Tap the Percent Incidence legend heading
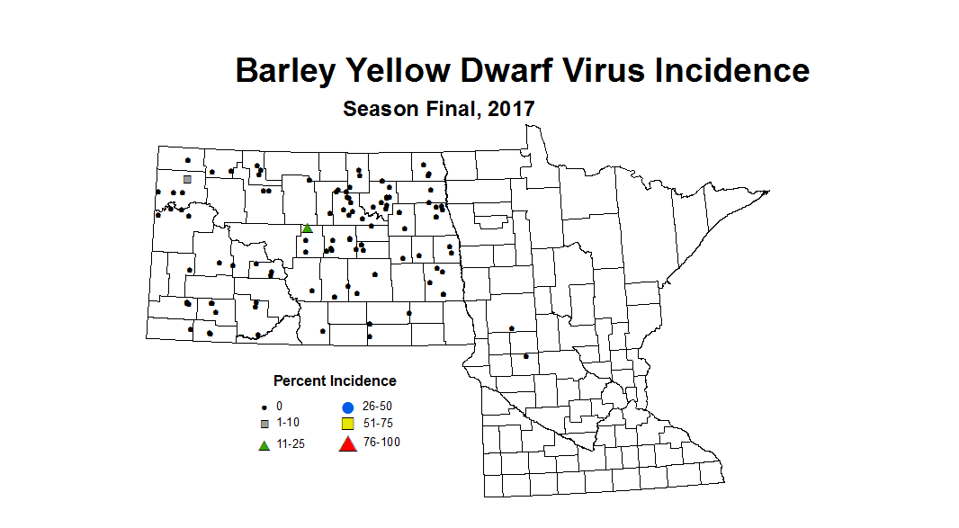pyautogui.click(x=335, y=381)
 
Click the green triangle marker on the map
pyautogui.click(x=307, y=228)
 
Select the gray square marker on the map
pyautogui.click(x=187, y=179)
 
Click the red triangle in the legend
pyautogui.click(x=347, y=443)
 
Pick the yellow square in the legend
pyautogui.click(x=347, y=423)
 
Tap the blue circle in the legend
pyautogui.click(x=347, y=407)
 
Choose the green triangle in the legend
pyautogui.click(x=264, y=445)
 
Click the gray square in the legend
pyautogui.click(x=264, y=424)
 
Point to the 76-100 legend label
pyautogui.click(x=381, y=442)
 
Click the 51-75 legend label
pyautogui.click(x=377, y=423)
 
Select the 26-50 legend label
pyautogui.click(x=377, y=407)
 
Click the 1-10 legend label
pyautogui.click(x=289, y=423)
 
